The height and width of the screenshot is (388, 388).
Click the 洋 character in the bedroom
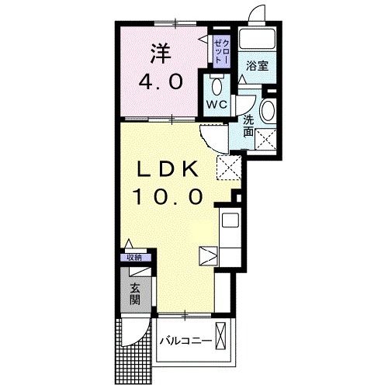(161, 54)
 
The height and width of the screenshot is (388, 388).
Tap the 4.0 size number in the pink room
(161, 82)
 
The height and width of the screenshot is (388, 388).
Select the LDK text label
(168, 169)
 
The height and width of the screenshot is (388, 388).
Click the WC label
(217, 105)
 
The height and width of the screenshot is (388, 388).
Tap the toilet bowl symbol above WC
(217, 87)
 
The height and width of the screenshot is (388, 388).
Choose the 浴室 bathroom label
(257, 66)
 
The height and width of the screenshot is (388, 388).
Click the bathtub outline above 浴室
(258, 38)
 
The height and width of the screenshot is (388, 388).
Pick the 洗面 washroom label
(248, 126)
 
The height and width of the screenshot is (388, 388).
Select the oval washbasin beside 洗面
(268, 110)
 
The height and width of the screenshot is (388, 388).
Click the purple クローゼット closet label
(222, 52)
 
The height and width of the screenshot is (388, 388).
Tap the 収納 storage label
(135, 258)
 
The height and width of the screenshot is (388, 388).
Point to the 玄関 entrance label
(135, 294)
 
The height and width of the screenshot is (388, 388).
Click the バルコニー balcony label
(185, 341)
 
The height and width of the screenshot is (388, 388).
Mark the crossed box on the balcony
(220, 336)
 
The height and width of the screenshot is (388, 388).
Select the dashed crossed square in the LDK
(229, 168)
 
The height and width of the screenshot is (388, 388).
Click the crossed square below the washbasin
(265, 139)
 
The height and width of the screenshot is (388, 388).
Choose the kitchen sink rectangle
(230, 220)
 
